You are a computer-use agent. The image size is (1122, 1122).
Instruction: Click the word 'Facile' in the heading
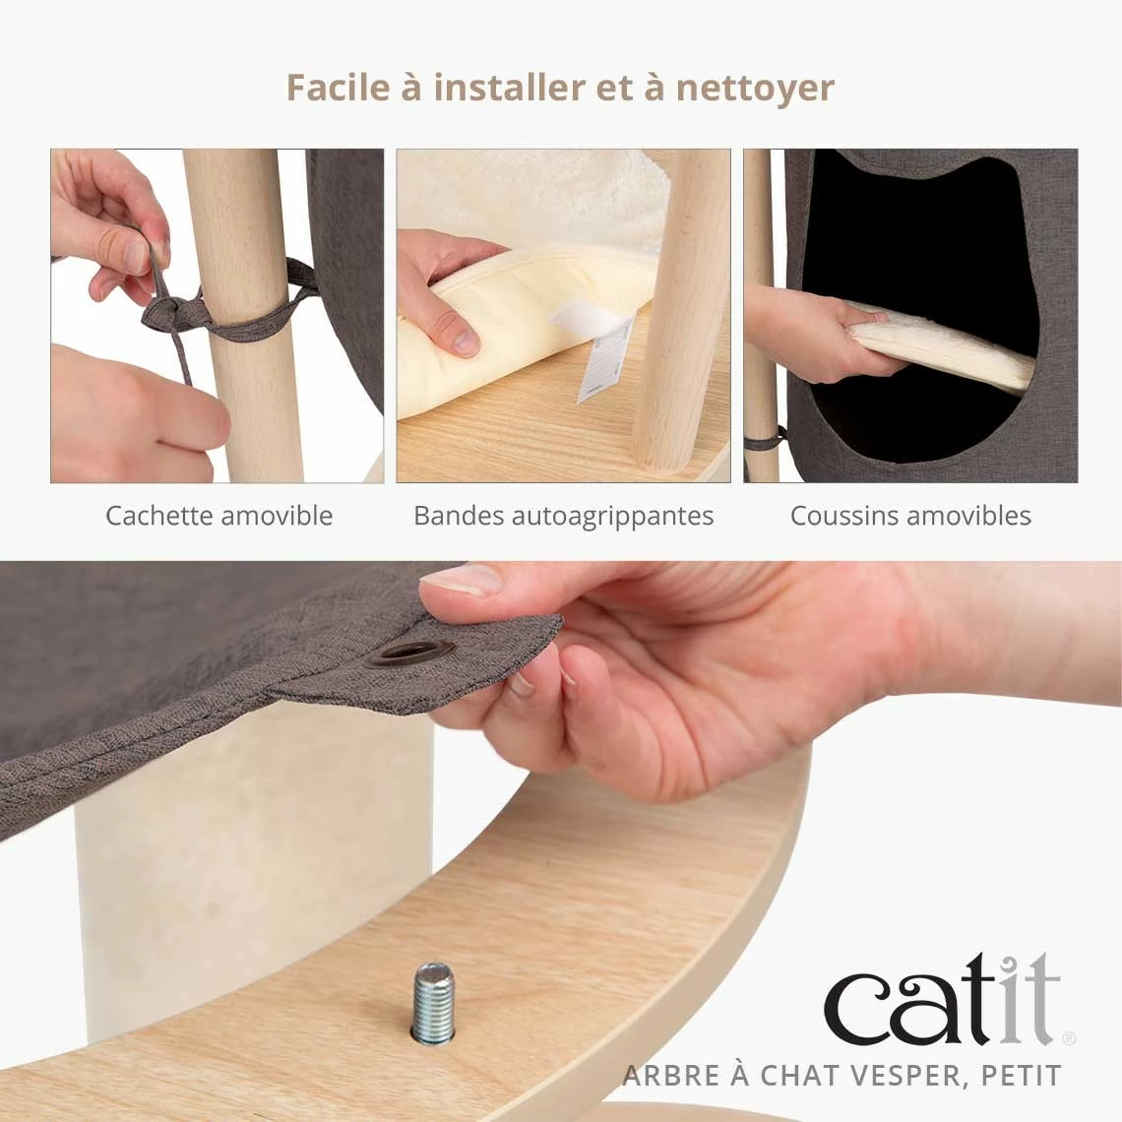point(338,88)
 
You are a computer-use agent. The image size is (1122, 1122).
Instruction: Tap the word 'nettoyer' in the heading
point(755,89)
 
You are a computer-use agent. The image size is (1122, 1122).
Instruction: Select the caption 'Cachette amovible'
point(218,515)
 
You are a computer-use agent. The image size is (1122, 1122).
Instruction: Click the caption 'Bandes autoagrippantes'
point(564,517)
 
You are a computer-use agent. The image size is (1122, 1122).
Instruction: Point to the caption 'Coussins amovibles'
point(911,515)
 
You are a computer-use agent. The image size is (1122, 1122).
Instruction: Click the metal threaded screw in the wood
point(434,1002)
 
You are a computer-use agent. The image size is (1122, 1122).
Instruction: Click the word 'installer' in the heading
point(509,88)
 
